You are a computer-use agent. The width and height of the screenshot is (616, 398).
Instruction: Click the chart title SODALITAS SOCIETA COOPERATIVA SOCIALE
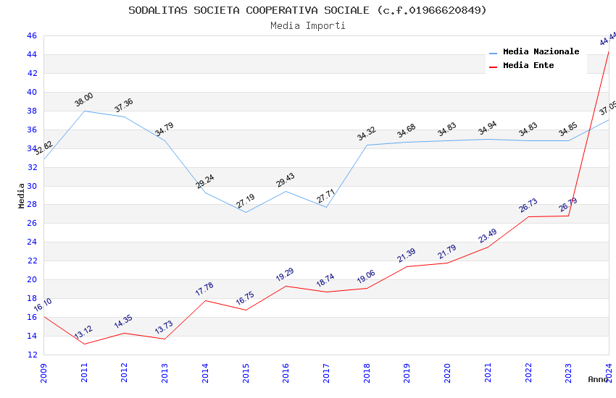point(307,10)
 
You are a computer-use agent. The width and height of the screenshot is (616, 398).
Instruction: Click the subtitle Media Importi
point(307,26)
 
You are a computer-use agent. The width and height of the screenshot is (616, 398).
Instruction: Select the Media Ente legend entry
point(528,65)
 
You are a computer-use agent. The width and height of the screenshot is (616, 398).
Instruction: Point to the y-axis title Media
point(21,195)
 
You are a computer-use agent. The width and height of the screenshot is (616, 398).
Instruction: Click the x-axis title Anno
point(598,379)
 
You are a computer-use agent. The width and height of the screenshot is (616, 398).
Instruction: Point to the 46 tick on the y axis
point(32,35)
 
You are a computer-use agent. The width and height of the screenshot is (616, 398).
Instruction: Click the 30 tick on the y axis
point(32,186)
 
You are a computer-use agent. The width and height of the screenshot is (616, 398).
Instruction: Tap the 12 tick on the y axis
point(32,355)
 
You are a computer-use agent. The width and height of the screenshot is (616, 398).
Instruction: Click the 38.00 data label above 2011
point(84,100)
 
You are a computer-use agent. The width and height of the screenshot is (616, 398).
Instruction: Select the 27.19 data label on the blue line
point(245,201)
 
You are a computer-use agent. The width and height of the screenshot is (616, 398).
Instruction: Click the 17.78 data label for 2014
point(204,289)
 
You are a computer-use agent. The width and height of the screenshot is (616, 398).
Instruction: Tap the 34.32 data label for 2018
point(367,134)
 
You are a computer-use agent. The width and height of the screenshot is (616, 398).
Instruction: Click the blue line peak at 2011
point(84,111)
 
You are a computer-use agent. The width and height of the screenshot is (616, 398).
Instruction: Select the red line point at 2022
point(528,216)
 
